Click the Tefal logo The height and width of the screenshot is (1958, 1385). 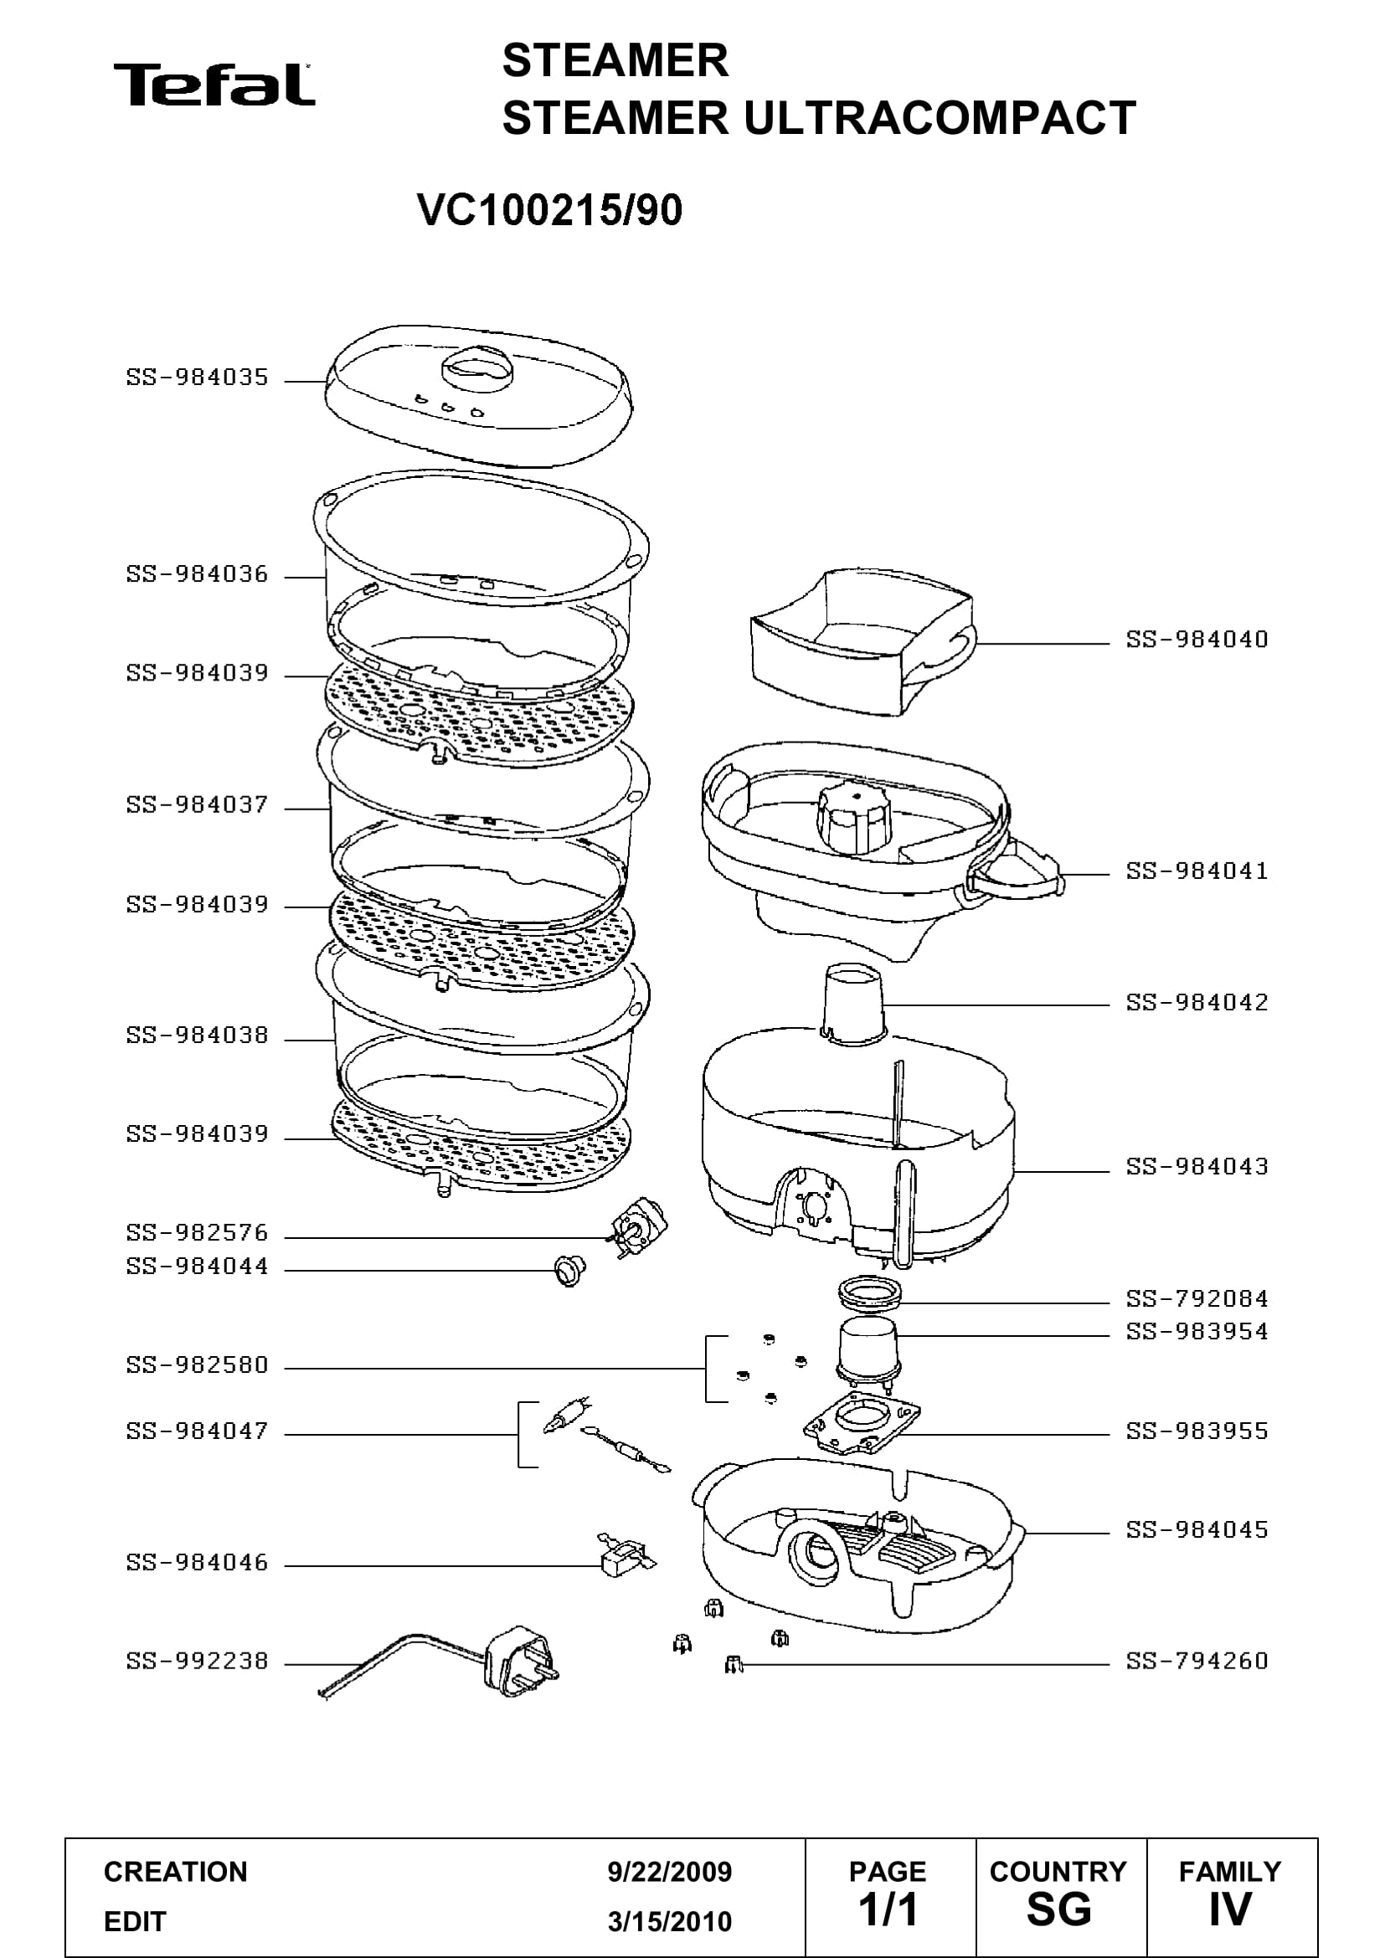[214, 85]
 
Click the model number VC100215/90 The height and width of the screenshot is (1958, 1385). [550, 210]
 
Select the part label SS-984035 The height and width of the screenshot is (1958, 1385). [197, 377]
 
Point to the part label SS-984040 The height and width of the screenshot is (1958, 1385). [1197, 639]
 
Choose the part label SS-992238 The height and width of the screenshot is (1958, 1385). [197, 1660]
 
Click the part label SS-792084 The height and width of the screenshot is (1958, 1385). [1197, 1298]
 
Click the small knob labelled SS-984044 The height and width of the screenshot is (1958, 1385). [569, 1271]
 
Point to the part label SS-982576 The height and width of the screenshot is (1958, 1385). [197, 1232]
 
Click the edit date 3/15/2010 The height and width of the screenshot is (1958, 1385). [670, 1922]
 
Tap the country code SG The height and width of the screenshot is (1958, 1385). [1058, 1909]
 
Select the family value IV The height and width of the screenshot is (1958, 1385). [1231, 1909]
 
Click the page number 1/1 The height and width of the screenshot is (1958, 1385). [888, 1909]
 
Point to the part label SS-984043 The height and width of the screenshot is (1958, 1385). [1197, 1166]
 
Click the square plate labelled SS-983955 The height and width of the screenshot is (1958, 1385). [862, 1423]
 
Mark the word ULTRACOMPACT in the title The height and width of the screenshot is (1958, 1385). [939, 118]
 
